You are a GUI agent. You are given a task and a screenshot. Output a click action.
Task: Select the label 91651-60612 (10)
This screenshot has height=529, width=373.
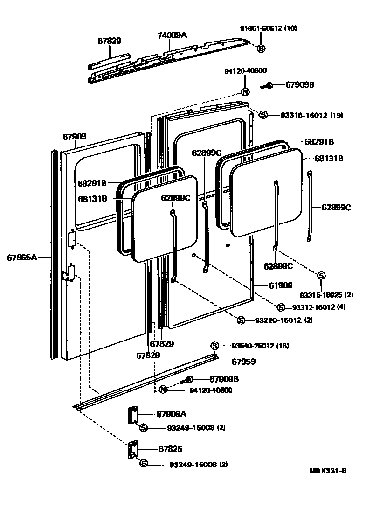268,28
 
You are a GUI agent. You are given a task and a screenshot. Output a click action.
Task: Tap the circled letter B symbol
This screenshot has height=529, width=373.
261,49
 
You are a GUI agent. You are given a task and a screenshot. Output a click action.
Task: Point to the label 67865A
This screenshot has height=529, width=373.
22,257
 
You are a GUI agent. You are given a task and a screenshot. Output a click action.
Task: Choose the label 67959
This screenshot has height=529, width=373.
244,362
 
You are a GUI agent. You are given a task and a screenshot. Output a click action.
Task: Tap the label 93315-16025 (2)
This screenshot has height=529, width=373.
326,294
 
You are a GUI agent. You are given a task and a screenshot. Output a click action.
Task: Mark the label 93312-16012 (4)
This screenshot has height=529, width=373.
319,307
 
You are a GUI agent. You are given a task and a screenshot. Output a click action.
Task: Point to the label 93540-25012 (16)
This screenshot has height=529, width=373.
260,346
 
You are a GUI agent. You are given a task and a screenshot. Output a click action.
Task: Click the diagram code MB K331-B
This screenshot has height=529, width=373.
327,471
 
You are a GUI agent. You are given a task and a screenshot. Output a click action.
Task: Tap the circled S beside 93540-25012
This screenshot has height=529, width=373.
214,346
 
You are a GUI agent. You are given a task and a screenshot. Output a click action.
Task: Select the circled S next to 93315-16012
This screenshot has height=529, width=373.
263,115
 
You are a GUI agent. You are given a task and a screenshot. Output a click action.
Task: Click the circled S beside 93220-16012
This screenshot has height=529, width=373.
241,320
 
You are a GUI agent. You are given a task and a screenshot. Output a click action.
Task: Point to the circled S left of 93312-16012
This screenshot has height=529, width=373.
280,307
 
